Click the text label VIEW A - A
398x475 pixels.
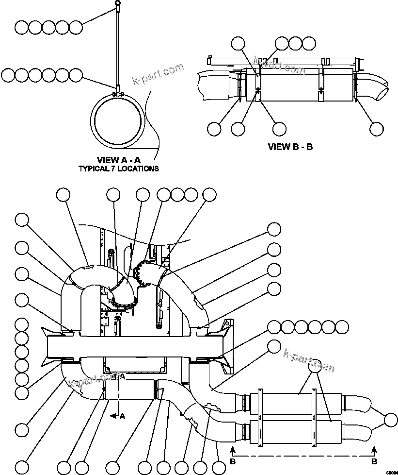[119, 160]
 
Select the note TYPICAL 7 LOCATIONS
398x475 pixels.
[119, 169]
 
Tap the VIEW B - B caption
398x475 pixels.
[290, 146]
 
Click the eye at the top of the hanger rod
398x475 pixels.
[117, 4]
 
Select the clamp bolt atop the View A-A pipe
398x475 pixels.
[117, 93]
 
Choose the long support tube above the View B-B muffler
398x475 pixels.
[281, 61]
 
